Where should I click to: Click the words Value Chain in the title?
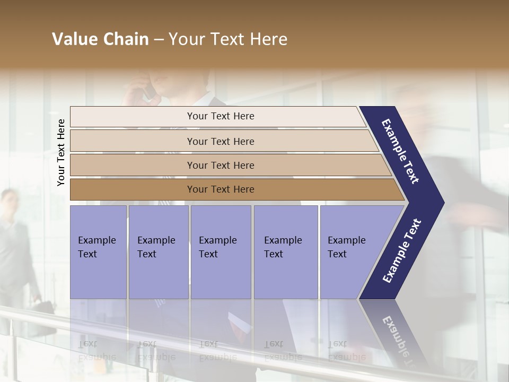[100, 39]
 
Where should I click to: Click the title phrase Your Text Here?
[228, 39]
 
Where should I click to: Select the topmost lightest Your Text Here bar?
[220, 116]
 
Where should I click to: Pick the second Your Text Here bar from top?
[220, 141]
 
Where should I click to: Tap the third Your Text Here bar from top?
[220, 165]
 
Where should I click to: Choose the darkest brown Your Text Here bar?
[220, 189]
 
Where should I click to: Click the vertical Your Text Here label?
[61, 152]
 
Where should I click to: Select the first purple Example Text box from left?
[98, 252]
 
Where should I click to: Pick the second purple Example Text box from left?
[158, 252]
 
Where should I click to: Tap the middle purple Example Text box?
[221, 252]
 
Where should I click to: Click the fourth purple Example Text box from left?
[285, 252]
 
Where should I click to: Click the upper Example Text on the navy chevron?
[400, 151]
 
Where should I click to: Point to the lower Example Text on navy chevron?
[402, 251]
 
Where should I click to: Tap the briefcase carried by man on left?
[43, 310]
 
